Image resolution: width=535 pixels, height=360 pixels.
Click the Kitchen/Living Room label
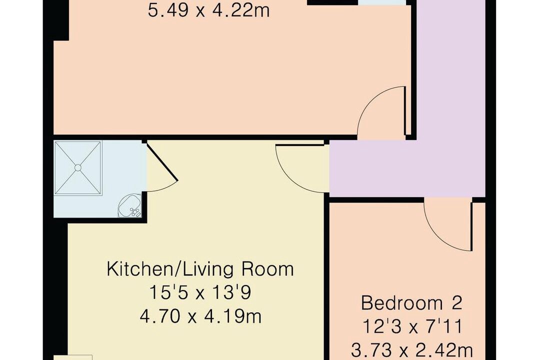point(200,269)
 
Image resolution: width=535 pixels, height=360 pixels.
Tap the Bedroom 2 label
point(411,302)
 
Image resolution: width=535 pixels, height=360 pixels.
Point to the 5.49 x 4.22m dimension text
point(209,10)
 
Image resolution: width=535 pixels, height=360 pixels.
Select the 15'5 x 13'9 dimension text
point(200,292)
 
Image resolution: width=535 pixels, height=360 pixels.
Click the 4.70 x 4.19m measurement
point(200,316)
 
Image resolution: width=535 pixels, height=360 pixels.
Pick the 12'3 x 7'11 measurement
point(412,326)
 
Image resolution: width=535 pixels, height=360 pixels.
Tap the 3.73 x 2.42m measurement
point(412,350)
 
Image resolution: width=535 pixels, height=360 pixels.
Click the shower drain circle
point(78,167)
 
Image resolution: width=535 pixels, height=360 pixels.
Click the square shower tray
point(78,168)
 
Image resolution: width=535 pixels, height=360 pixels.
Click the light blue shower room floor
point(99,204)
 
